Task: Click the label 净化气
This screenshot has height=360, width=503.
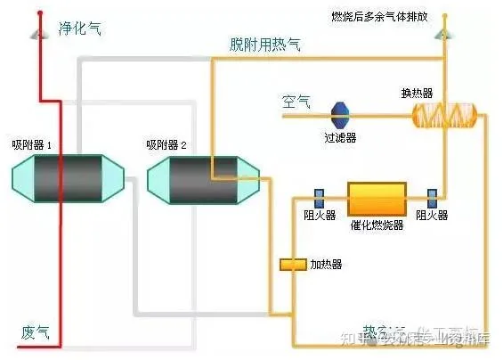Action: coord(79,29)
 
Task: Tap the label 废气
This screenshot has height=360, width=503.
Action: coord(35,331)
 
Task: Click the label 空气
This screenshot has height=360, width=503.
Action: coord(296,101)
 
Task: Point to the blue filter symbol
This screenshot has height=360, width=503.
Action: coord(340,115)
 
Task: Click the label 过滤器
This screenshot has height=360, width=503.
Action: coord(340,138)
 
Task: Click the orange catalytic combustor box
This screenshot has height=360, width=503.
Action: coord(376,197)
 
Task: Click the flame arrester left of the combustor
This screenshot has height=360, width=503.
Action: coord(319,196)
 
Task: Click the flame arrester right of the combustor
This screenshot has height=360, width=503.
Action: coord(432,196)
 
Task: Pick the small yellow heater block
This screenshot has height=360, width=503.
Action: coord(292,265)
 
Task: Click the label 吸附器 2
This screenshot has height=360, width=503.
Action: coord(166,144)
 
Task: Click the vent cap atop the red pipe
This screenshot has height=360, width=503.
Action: coord(39,33)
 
